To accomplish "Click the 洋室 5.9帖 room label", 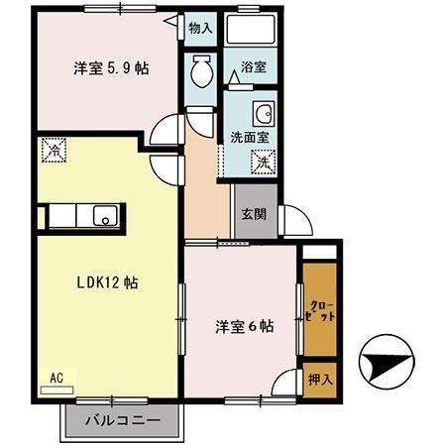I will click(110, 69).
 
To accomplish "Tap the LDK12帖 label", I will click(107, 282).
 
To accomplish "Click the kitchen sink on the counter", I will click(103, 216).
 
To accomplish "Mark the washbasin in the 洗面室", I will click(263, 111).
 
